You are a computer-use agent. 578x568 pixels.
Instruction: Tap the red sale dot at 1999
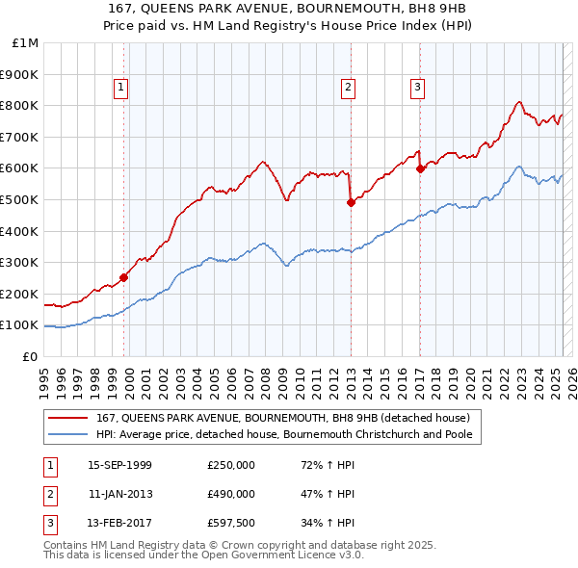click(124, 278)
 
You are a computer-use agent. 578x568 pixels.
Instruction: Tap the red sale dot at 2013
click(351, 202)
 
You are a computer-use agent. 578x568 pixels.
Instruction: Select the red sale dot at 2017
click(420, 168)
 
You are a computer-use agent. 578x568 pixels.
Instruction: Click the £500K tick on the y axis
click(19, 199)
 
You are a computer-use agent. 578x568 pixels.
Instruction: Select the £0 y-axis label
click(30, 356)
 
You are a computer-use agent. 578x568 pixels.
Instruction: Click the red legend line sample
click(66, 418)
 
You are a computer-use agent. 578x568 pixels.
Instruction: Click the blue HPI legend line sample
click(66, 434)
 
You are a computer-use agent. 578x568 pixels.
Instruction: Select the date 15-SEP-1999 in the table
click(119, 465)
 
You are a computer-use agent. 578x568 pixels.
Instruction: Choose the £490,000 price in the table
click(231, 494)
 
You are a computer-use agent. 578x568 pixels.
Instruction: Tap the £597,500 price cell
click(231, 523)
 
